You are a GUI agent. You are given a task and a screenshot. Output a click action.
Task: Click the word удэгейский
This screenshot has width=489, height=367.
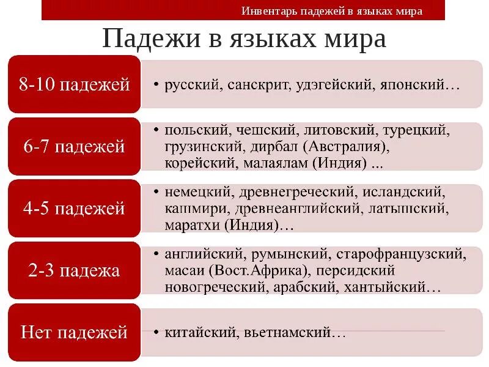331,84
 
